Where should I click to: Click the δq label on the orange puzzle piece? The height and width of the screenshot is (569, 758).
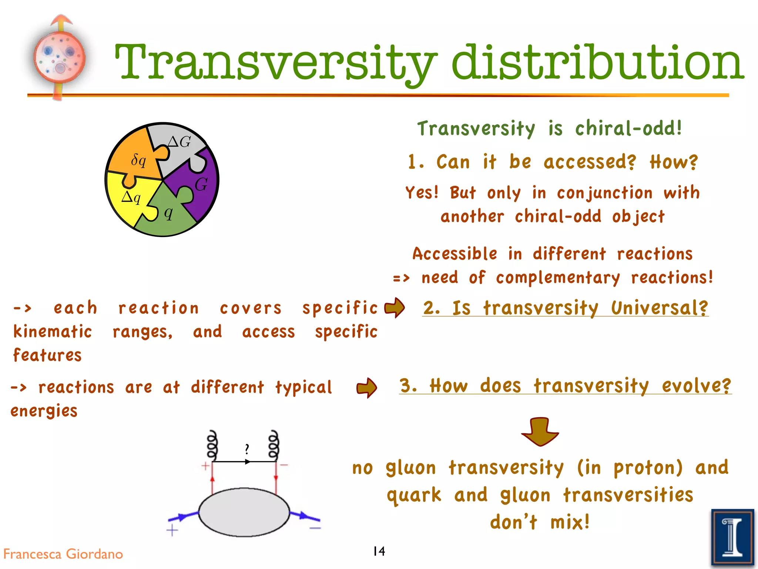click(x=138, y=160)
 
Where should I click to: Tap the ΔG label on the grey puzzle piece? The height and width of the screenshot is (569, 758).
click(x=179, y=142)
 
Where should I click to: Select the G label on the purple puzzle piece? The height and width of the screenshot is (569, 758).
click(x=201, y=184)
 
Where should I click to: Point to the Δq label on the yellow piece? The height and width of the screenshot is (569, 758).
click(x=131, y=197)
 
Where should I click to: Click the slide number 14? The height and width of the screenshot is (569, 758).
click(x=379, y=551)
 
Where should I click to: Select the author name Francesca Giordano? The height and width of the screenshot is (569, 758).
click(x=63, y=554)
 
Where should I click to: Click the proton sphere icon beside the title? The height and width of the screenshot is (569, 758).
click(x=60, y=59)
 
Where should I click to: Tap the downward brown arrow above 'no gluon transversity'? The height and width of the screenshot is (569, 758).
click(x=540, y=432)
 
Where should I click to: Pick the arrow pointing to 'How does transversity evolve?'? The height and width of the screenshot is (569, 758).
click(x=366, y=387)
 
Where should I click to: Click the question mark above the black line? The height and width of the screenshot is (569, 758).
click(x=247, y=449)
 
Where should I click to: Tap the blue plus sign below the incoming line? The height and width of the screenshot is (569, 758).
click(x=172, y=530)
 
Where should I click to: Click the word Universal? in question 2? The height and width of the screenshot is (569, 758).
click(x=659, y=308)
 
